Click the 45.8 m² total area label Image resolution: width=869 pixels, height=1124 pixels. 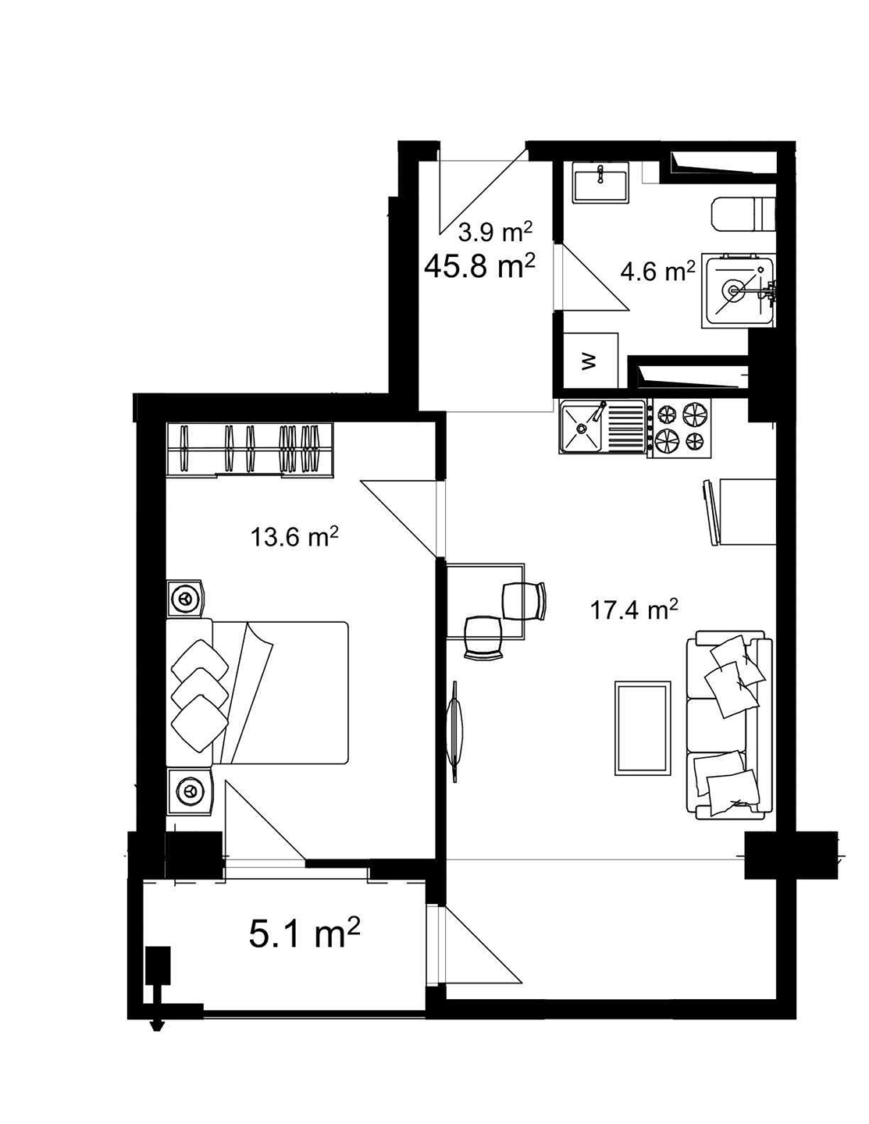coord(479,266)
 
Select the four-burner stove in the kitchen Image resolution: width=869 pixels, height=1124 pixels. coord(680,429)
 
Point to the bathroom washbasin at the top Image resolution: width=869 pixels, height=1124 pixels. coord(600,183)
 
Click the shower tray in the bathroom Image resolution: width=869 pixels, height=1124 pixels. coord(737,290)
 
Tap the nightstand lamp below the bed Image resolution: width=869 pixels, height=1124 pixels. coord(188,791)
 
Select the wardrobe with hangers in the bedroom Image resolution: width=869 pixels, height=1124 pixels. coord(250,450)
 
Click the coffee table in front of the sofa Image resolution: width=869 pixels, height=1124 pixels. coord(642,728)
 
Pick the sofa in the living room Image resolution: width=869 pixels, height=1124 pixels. coord(727,726)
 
